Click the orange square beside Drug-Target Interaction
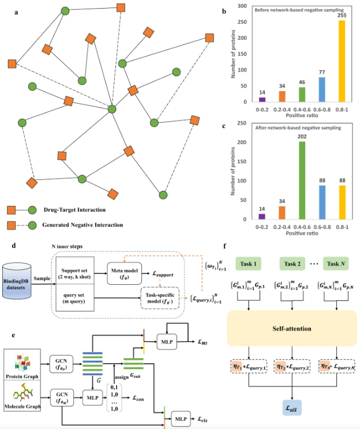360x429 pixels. (x=12, y=209)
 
